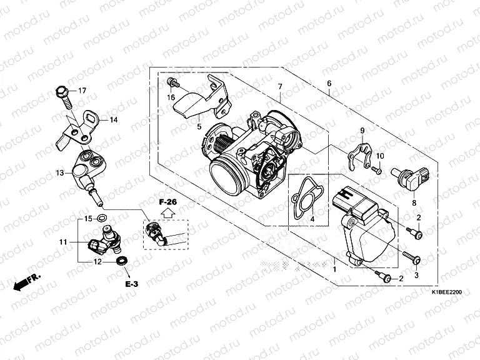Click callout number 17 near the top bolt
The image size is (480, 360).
[82, 91]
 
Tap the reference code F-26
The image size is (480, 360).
[167, 201]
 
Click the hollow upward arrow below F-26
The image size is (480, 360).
[167, 212]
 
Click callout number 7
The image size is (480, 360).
[281, 86]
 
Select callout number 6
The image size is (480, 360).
[329, 84]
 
